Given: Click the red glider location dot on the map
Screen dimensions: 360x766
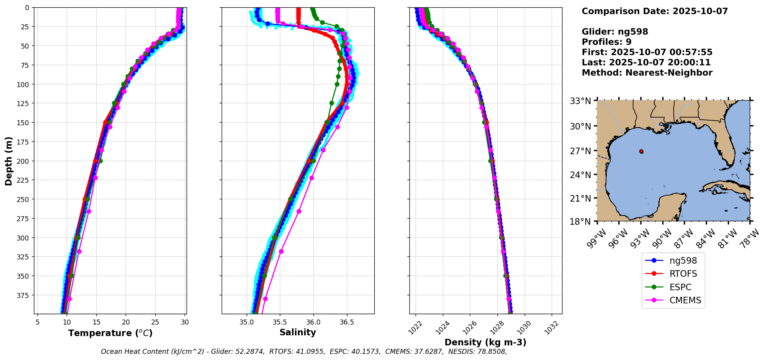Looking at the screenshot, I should tap(641, 151).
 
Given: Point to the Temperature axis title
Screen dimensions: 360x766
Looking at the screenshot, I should tap(110, 333).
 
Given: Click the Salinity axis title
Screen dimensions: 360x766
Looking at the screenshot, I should tap(298, 333).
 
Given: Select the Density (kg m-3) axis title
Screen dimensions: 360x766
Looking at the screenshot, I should tap(485, 342).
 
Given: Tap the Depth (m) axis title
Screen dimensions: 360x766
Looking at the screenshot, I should tap(8, 161).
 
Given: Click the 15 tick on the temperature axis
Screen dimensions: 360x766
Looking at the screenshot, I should tap(96, 321).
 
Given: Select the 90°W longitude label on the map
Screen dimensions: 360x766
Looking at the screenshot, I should tap(663, 234).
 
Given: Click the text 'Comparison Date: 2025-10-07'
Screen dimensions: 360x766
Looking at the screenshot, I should tap(655, 11).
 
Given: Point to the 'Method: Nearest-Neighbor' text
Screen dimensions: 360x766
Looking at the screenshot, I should tap(647, 73).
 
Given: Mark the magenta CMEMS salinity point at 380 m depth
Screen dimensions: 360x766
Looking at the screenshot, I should tap(265, 299).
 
